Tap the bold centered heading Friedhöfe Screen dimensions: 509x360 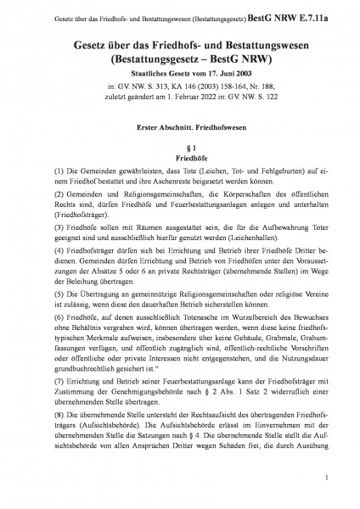[x=180, y=158]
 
